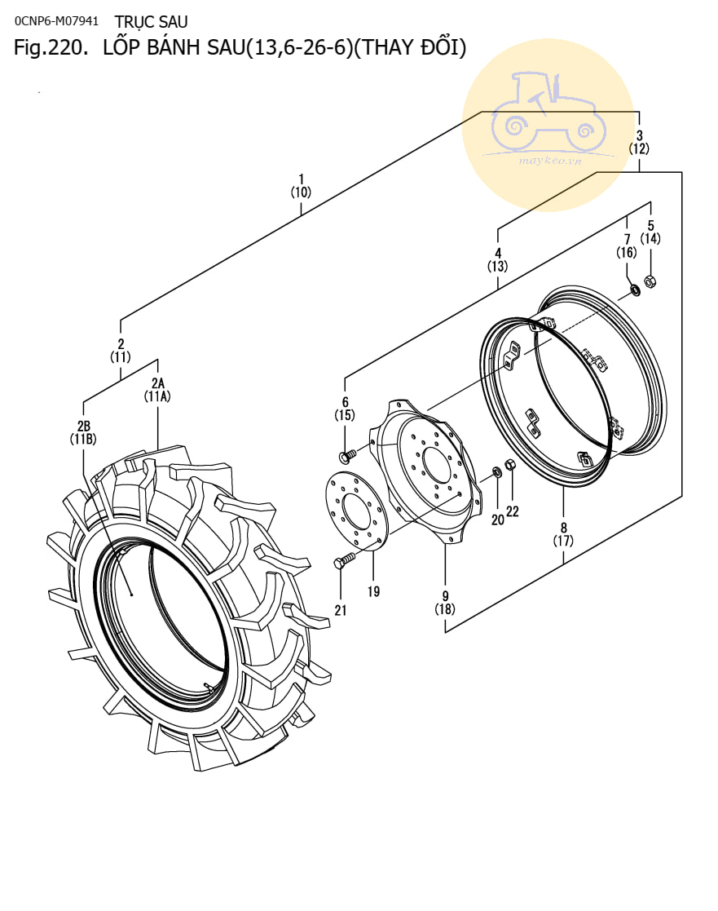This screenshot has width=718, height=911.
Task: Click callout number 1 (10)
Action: tap(301, 185)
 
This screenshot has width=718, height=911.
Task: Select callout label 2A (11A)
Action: tap(157, 389)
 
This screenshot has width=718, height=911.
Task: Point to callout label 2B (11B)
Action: tap(83, 431)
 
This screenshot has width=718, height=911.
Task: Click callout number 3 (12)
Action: tap(639, 142)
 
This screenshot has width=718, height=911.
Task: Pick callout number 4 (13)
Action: tap(497, 259)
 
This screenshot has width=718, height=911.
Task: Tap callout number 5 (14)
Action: tap(650, 232)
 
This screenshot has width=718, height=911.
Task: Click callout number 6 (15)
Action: tap(345, 409)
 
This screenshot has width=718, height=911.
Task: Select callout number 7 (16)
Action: tap(626, 245)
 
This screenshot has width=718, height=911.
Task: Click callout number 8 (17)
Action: tap(563, 533)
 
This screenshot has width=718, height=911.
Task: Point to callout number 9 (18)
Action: tap(445, 601)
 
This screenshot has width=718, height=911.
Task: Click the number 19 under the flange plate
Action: tap(373, 591)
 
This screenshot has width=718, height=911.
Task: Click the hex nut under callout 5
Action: tap(650, 281)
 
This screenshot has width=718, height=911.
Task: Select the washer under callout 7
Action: tap(633, 290)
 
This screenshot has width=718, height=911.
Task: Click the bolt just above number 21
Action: tap(342, 562)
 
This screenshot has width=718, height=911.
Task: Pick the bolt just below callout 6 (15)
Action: tap(346, 453)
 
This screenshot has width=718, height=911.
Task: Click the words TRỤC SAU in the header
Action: tap(152, 21)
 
